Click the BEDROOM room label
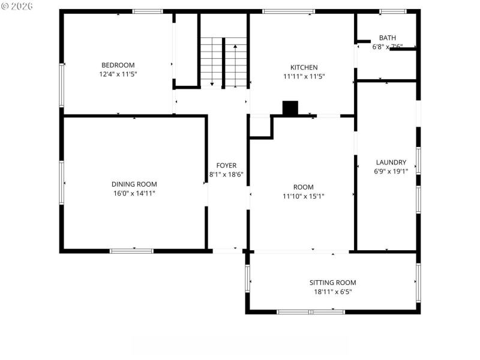coord(118,65)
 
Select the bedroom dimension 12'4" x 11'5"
coord(118,74)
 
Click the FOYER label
coord(226,165)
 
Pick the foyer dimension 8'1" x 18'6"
coord(226,175)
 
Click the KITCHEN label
coord(304,67)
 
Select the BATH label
coord(387,38)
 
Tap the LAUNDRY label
coord(391,162)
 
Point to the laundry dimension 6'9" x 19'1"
coord(391,171)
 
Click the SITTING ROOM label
coord(332,283)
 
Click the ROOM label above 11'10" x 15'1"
coord(303,187)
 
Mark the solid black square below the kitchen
coord(290,108)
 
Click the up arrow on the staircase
coord(235,47)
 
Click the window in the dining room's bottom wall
coord(131,251)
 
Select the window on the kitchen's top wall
coord(289,11)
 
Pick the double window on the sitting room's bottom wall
coord(311,311)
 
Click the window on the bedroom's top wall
coord(148,11)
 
